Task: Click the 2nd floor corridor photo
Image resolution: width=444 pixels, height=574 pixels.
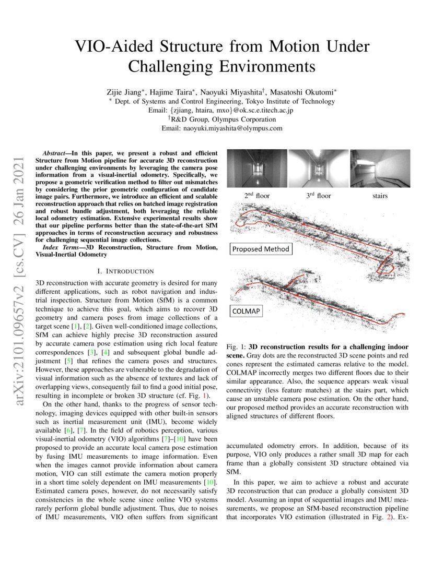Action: click(256, 168)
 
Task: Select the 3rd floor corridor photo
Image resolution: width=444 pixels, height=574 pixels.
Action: click(318, 168)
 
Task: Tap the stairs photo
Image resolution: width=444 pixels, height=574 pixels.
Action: click(380, 168)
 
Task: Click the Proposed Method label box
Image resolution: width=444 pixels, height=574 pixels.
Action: click(261, 249)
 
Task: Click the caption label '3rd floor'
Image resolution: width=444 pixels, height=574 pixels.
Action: click(318, 196)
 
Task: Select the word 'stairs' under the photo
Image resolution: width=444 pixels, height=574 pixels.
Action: click(380, 196)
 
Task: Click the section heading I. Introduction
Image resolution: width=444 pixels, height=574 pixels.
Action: click(126, 271)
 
